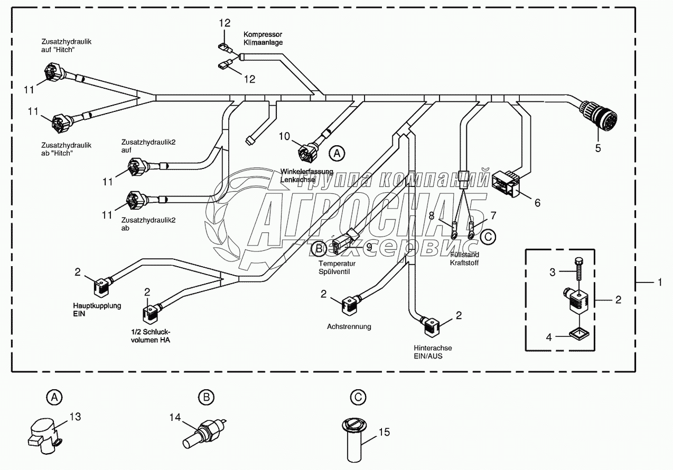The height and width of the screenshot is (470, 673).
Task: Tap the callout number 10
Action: [x=285, y=136]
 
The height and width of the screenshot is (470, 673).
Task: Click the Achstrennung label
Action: [x=349, y=326]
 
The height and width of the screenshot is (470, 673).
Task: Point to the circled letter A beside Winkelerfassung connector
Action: [x=336, y=153]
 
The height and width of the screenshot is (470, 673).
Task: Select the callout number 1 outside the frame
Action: [x=659, y=283]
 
